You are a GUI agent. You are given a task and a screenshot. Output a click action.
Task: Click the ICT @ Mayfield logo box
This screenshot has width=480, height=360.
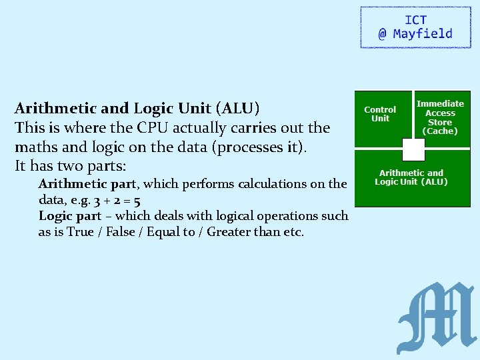407,27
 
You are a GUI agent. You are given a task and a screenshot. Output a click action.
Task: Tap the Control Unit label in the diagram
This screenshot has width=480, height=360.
380,114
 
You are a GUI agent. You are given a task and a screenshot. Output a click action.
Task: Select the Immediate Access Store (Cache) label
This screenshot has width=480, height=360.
441,117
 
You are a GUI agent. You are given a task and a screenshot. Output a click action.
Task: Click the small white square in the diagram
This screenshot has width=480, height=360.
413,149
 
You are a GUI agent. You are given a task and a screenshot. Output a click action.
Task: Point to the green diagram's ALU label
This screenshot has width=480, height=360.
411,177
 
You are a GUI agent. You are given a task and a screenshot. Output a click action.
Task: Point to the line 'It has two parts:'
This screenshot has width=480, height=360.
70,164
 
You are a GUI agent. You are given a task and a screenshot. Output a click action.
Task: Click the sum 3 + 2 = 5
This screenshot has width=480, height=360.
118,199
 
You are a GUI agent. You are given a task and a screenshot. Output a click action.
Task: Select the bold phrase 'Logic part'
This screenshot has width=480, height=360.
70,215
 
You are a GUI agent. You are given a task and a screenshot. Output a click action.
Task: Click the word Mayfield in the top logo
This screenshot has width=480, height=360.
423,34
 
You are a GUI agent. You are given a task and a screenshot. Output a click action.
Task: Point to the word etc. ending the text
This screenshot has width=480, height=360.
293,232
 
